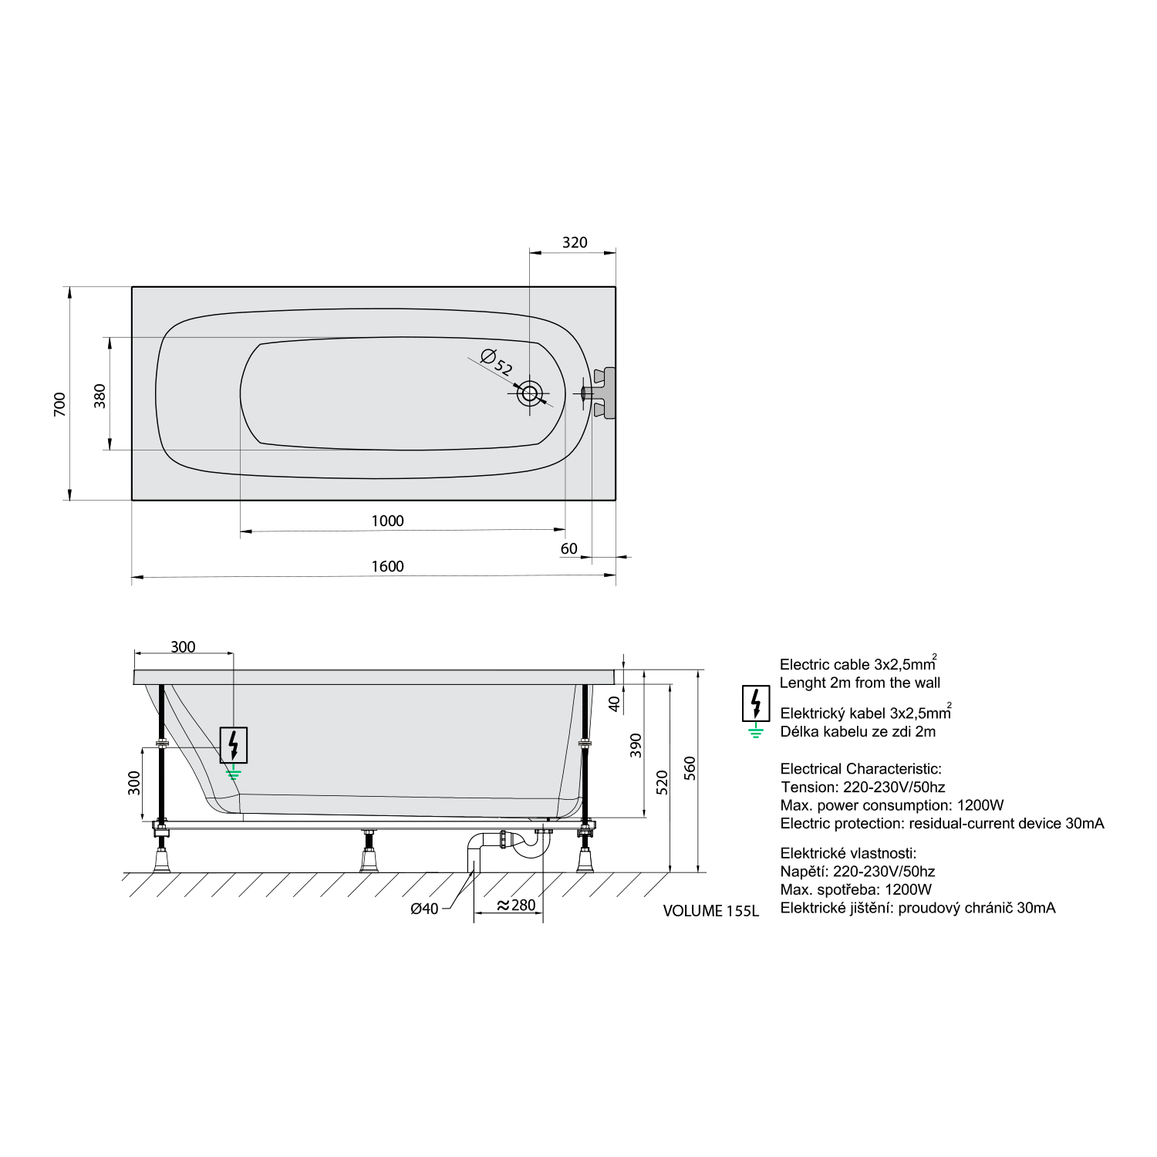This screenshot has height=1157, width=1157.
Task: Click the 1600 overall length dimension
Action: click(387, 566)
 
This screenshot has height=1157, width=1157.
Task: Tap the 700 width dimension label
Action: click(59, 403)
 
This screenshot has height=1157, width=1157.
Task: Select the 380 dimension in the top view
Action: click(100, 395)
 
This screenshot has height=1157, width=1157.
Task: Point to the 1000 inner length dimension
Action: click(387, 521)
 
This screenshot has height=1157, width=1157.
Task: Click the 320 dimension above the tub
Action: click(575, 242)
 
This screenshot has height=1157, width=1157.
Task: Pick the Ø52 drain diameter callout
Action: click(497, 362)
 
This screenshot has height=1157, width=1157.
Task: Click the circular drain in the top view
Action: click(530, 393)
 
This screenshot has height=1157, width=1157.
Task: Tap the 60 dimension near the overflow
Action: click(568, 548)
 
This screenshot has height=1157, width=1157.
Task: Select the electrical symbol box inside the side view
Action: click(234, 745)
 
